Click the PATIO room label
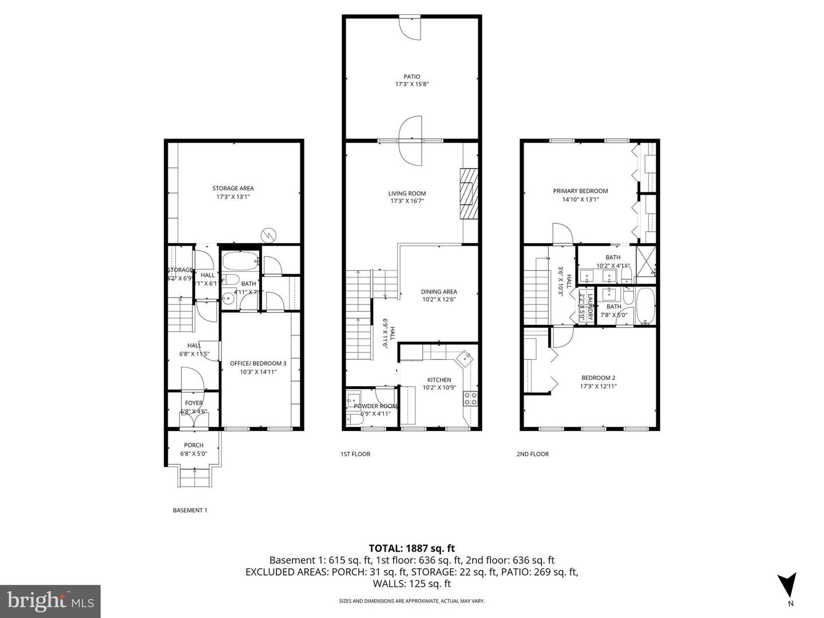pos(411,77)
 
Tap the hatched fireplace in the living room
pos(468,193)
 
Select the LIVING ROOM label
pos(407,193)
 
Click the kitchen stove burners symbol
pos(470,398)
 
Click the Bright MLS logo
pos(50,601)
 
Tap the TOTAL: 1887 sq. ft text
pos(411,549)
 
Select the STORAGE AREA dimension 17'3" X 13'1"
pos(233,196)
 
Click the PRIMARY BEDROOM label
pos(580,191)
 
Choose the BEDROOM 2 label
pos(598,378)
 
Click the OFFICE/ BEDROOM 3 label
pos(257,363)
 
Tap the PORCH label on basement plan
pos(193,445)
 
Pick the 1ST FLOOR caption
pos(355,454)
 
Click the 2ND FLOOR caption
pos(532,454)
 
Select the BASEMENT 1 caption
pos(189,510)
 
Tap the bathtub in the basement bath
pos(240,262)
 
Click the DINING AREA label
pos(439,292)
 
